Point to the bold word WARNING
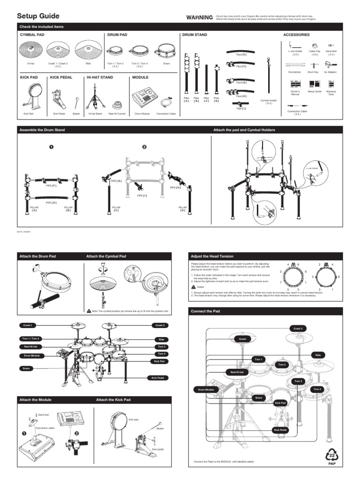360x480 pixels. [199, 17]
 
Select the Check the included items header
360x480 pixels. [41, 27]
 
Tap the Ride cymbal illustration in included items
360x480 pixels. [89, 49]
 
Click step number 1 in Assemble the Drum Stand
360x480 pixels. [52, 147]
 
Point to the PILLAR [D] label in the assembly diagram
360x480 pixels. [182, 209]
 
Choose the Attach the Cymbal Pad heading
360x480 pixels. [106, 256]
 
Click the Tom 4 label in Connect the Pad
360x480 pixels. [317, 389]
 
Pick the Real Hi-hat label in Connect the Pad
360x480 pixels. [236, 372]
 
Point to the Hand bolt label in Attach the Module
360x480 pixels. [43, 415]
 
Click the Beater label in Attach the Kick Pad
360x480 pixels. [160, 428]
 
